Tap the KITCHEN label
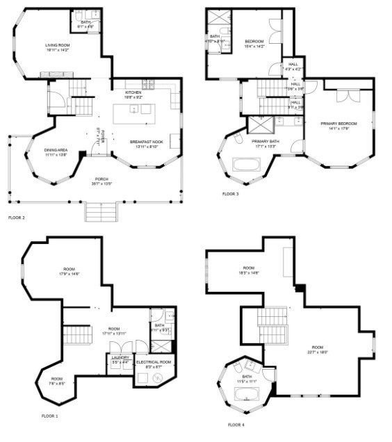133,92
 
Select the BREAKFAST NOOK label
146,141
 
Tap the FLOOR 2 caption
17,218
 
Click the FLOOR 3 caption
231,194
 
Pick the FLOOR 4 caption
236,424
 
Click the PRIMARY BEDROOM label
338,124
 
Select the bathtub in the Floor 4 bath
248,394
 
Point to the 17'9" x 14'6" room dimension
69,275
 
